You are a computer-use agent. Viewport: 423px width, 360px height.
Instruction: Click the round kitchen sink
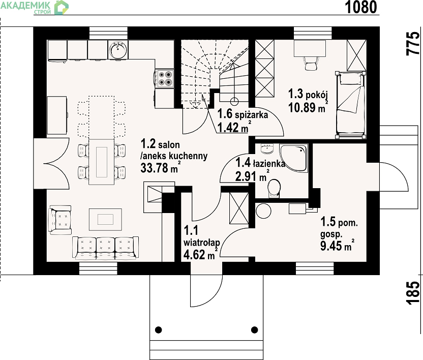point(118,50)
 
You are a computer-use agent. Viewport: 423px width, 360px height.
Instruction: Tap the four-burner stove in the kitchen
point(165,78)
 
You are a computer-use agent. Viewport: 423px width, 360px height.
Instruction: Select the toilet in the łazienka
point(274,188)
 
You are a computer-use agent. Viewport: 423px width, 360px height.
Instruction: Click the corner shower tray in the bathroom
point(294,158)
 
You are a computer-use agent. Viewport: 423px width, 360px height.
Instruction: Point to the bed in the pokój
point(350,105)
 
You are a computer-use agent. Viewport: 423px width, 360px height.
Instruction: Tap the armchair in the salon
point(60,220)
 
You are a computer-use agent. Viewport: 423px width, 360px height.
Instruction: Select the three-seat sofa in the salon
point(105,248)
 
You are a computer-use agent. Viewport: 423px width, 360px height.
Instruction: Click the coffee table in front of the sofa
point(105,219)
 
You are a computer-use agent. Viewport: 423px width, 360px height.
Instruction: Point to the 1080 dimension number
point(361,7)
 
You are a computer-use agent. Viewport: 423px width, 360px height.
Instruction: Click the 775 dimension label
point(413,44)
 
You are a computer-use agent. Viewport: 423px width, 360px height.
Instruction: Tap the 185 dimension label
point(413,293)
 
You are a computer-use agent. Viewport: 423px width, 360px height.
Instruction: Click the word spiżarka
point(251,115)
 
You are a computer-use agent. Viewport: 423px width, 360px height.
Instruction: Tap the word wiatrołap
point(201,243)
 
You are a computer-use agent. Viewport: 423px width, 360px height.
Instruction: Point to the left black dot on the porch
point(158,330)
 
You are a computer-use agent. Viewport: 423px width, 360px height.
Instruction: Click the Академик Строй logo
point(35,7)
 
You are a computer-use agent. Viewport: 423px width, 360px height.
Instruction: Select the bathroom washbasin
point(267,148)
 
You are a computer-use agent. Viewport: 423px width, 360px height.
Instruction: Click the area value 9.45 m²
point(337,245)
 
